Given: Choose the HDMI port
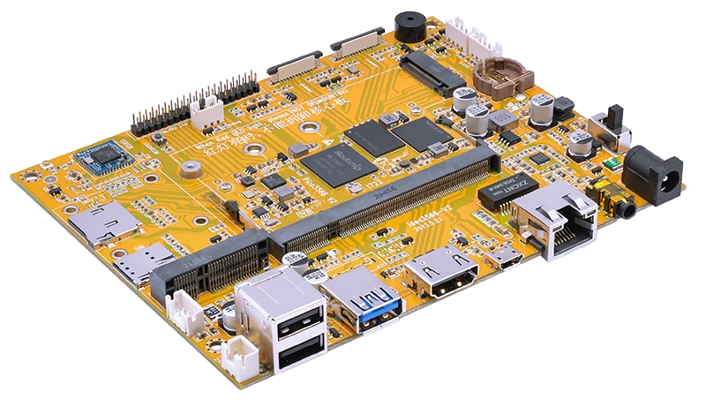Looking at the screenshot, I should point(440,275).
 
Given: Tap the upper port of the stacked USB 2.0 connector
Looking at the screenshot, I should point(288,323).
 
